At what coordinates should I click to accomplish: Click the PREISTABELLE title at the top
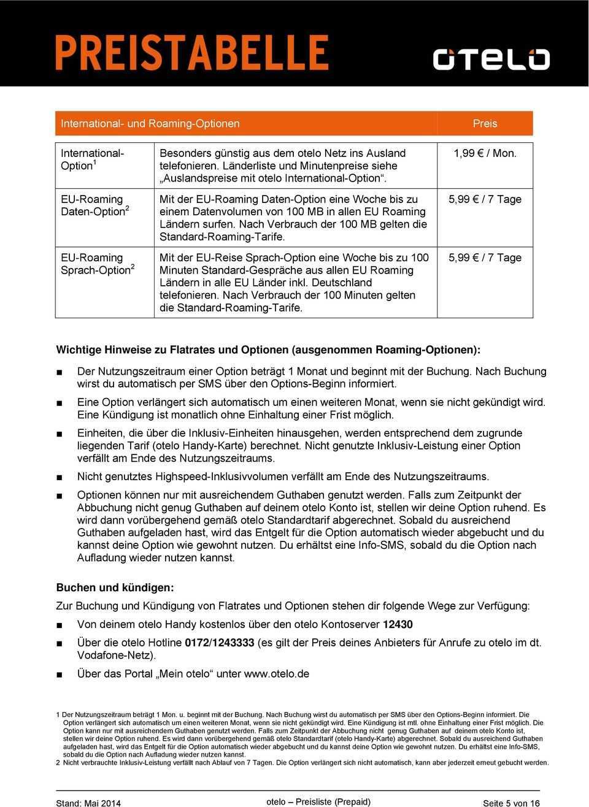(x=191, y=53)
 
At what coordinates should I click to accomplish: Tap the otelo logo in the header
(x=491, y=59)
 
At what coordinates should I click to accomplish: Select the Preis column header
(x=485, y=123)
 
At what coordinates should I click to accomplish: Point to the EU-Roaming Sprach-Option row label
(x=95, y=264)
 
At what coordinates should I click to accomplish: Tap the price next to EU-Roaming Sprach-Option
(x=485, y=258)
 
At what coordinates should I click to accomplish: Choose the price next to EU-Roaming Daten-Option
(x=485, y=199)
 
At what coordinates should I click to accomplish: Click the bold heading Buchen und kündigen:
(x=115, y=587)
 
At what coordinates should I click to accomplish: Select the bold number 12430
(x=398, y=624)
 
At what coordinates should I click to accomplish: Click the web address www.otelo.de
(x=277, y=673)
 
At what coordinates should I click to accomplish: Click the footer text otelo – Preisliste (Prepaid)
(x=318, y=801)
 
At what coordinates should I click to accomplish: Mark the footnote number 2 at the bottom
(x=58, y=763)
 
